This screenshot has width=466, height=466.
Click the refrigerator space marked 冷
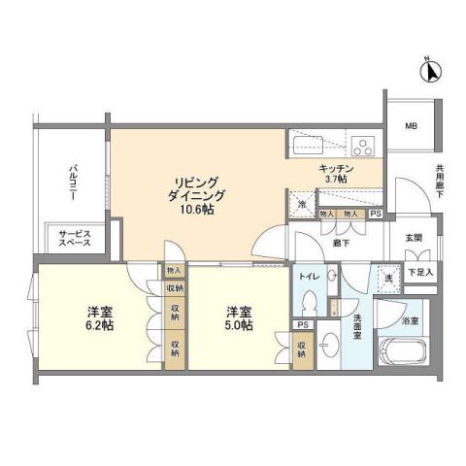[x=303, y=204]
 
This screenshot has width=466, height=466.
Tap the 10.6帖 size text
[x=195, y=211]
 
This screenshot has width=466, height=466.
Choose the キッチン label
[x=335, y=167]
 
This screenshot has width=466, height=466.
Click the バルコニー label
[x=72, y=184]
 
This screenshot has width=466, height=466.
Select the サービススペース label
[x=75, y=238]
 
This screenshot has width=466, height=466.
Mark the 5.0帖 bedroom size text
[x=239, y=326]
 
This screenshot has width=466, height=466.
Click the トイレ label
[x=309, y=277]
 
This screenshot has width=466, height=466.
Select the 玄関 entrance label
[x=415, y=239]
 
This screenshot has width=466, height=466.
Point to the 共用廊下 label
[x=439, y=182]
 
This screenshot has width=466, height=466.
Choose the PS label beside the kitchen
[x=376, y=214]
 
